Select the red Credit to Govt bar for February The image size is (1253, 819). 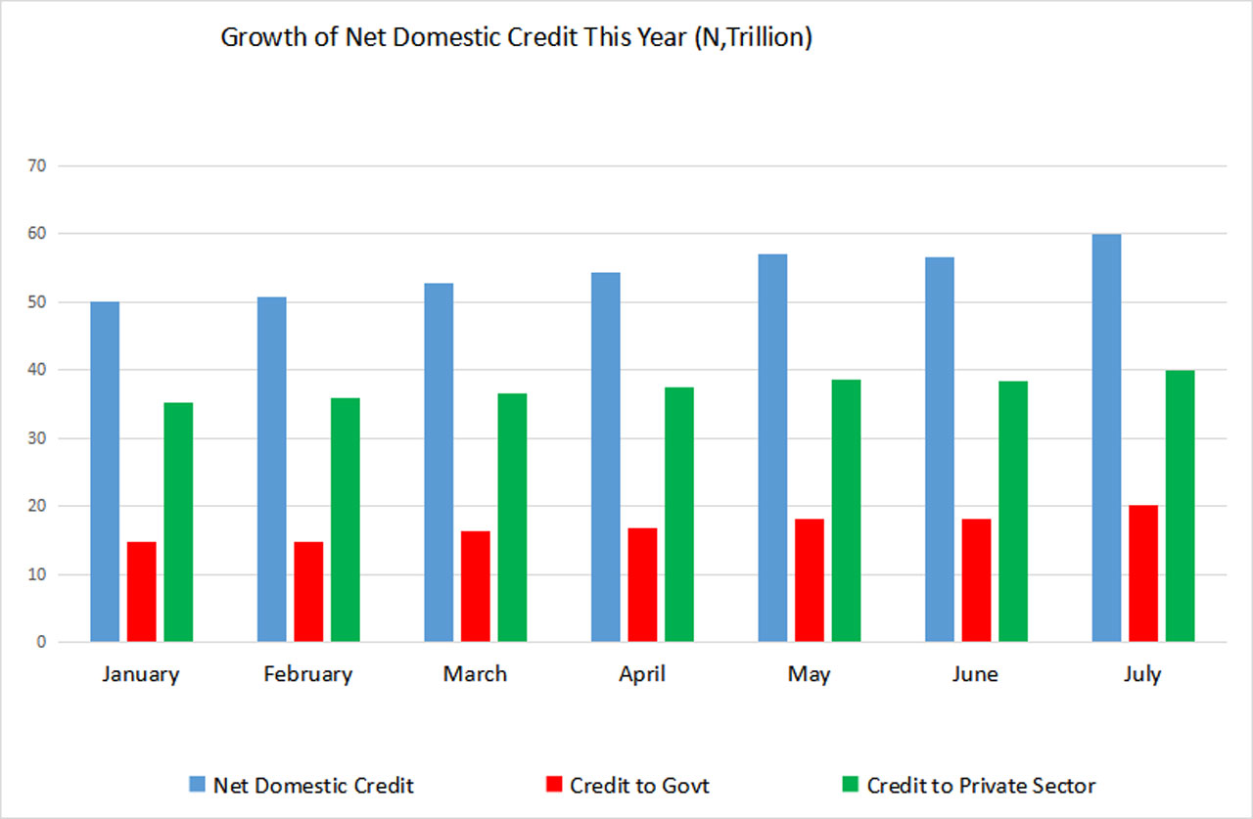pos(308,592)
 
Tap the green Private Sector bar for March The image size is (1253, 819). pos(512,518)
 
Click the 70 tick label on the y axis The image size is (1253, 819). pos(39,166)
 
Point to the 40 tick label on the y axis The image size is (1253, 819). pos(39,370)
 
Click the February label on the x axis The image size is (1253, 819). pos(307,674)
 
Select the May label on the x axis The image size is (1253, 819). pos(809,674)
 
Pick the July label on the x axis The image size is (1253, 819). pos(1142,674)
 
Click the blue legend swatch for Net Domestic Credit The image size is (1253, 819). pos(198,785)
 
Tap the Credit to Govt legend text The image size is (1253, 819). pos(639,785)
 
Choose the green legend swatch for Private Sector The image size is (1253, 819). pos(850,785)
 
